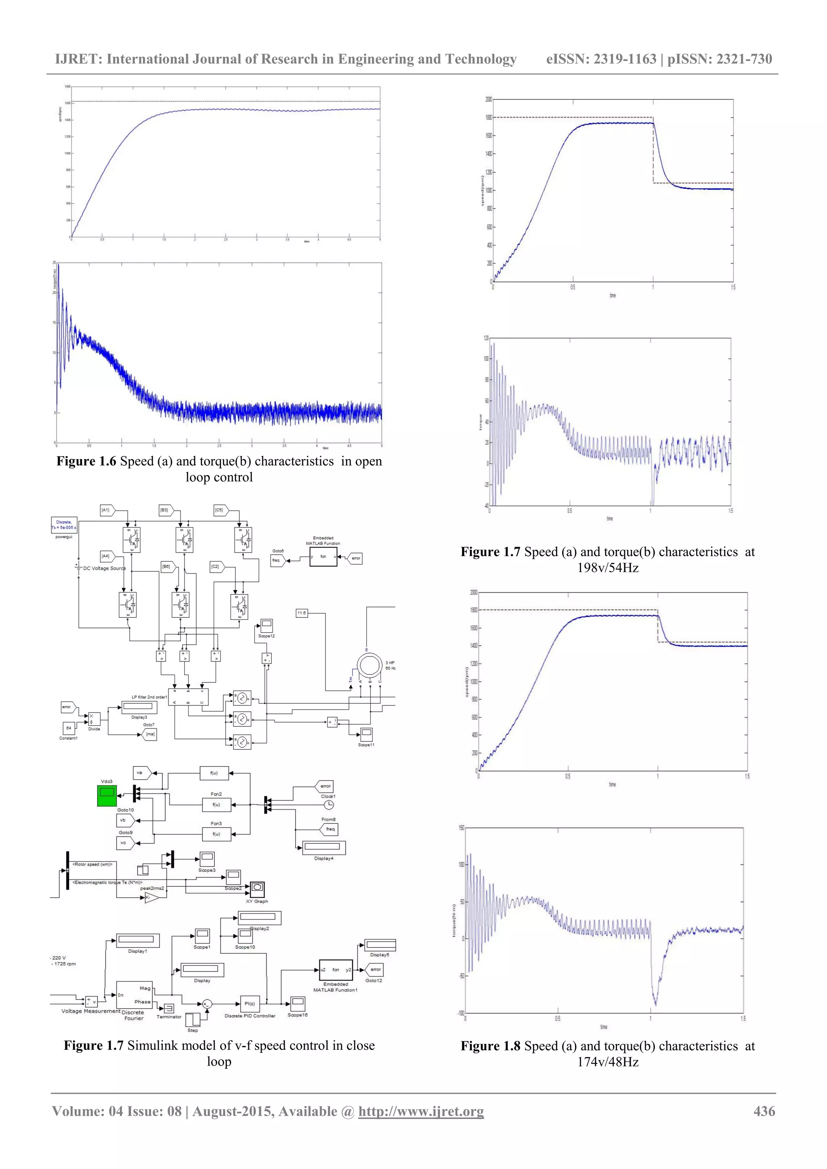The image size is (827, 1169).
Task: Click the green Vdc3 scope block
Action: (107, 795)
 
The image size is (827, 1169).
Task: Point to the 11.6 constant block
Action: (302, 613)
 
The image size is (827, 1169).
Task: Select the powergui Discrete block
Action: (64, 525)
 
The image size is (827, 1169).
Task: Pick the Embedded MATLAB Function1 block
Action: (336, 970)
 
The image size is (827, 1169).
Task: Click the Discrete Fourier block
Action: (134, 995)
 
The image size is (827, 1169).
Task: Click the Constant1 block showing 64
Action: (69, 728)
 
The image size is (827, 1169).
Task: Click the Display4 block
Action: (324, 847)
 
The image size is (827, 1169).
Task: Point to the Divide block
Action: (94, 719)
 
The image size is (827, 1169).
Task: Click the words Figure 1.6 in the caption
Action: (86, 461)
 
